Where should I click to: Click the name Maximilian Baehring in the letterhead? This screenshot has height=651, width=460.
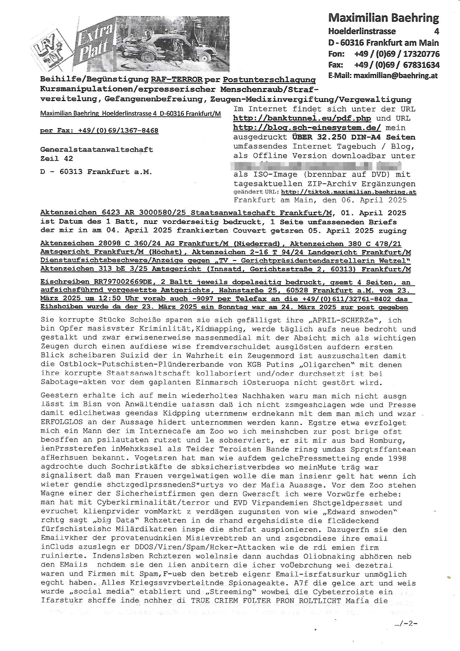(383, 18)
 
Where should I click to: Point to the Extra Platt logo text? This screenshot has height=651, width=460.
(94, 44)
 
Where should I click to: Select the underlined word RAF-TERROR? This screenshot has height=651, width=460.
(177, 80)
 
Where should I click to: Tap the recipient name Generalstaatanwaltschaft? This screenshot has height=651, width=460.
(97, 150)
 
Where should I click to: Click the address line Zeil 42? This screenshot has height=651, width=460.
(57, 158)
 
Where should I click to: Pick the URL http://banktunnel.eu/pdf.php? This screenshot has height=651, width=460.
(302, 118)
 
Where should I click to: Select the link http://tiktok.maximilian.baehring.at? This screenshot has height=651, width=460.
(348, 192)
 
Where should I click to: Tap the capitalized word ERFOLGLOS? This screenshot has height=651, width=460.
(62, 422)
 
